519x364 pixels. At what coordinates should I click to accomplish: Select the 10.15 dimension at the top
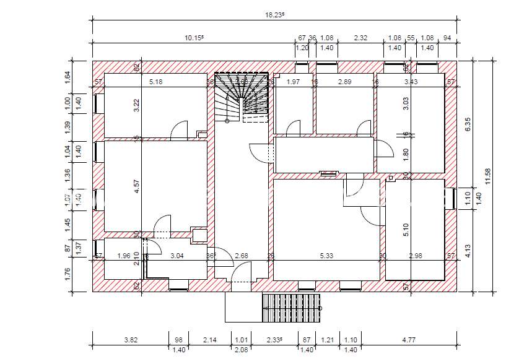194,38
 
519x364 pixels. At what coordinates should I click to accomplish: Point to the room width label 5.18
155,82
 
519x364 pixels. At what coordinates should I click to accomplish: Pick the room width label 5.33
326,256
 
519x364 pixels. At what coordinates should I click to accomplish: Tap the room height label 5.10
406,230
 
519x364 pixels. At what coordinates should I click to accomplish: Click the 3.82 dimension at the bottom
130,339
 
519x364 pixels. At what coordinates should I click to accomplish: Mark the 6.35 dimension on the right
468,124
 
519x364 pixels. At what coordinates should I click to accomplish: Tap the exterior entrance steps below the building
292,306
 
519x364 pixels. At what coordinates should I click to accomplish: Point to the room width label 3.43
411,82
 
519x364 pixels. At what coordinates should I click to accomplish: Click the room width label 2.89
344,82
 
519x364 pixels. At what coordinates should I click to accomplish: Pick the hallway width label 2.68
242,256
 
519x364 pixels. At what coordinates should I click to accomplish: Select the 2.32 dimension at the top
360,38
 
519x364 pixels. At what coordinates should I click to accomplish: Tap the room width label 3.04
177,256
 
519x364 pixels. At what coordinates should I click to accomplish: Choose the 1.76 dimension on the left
68,273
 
